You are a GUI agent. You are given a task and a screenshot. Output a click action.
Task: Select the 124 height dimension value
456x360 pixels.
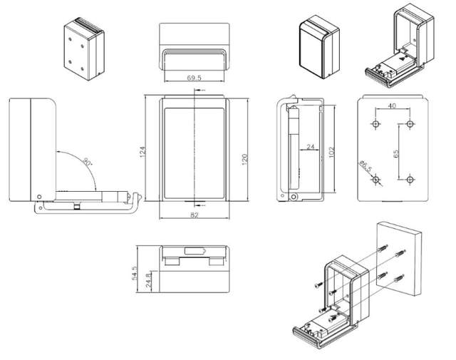142,151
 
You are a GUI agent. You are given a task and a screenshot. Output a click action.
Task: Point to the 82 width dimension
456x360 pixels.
195,215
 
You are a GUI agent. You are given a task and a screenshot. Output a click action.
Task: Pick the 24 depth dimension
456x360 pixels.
310,148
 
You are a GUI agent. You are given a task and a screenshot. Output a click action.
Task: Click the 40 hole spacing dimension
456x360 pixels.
392,106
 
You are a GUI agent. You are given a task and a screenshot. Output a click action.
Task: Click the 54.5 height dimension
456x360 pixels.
140,272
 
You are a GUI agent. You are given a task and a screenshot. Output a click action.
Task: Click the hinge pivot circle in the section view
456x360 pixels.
293,195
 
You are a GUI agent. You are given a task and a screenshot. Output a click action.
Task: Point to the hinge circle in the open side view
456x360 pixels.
39,197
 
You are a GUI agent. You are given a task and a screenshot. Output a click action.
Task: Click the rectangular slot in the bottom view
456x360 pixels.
195,252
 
